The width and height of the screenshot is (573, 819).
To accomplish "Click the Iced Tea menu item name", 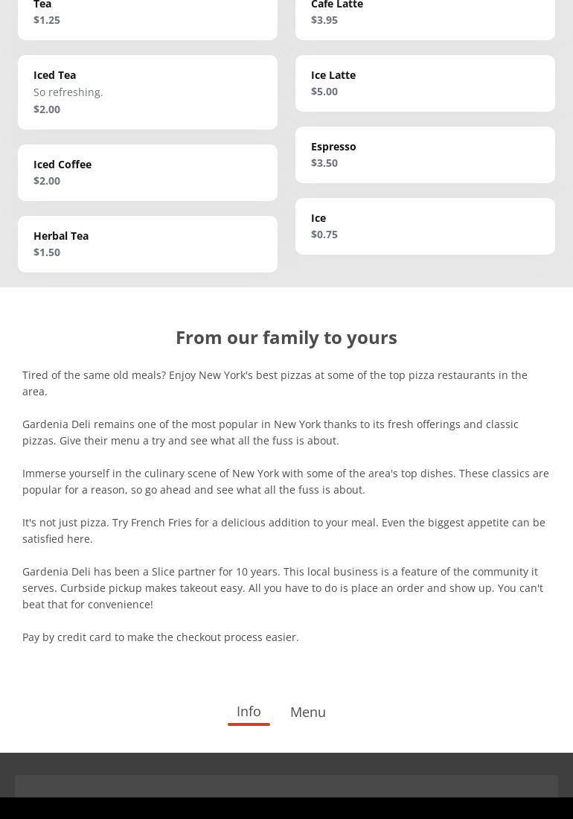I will point(54,75).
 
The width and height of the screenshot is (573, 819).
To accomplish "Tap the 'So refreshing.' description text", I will point(68,92).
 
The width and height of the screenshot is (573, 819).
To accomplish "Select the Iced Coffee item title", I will point(63,165).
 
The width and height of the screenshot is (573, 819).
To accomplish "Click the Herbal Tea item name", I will point(61,236).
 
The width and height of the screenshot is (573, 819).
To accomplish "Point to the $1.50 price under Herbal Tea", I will point(47,252).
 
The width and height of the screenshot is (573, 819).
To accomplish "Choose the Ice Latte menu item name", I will point(333,75).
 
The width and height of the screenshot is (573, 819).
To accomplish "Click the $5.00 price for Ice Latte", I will point(324,92).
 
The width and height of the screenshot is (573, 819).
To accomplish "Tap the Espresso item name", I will point(333,147).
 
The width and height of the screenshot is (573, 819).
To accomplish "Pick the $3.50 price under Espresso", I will point(324,163).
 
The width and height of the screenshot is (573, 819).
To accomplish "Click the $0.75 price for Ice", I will point(324,235).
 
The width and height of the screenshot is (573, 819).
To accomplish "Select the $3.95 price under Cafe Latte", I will point(324,20).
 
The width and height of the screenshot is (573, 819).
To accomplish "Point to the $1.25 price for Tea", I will point(47,20).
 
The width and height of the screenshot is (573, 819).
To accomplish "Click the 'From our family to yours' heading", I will point(286,337).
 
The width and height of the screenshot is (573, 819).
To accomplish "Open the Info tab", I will point(249,711).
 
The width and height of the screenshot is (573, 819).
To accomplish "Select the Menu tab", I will point(308,712).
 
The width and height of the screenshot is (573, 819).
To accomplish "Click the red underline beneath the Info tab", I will point(249,724).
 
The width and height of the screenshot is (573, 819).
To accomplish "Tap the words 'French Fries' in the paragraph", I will point(161,523).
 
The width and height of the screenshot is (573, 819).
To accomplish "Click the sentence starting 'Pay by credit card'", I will point(161,637).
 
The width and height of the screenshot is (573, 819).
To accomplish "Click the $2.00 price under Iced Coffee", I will point(47,181).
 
